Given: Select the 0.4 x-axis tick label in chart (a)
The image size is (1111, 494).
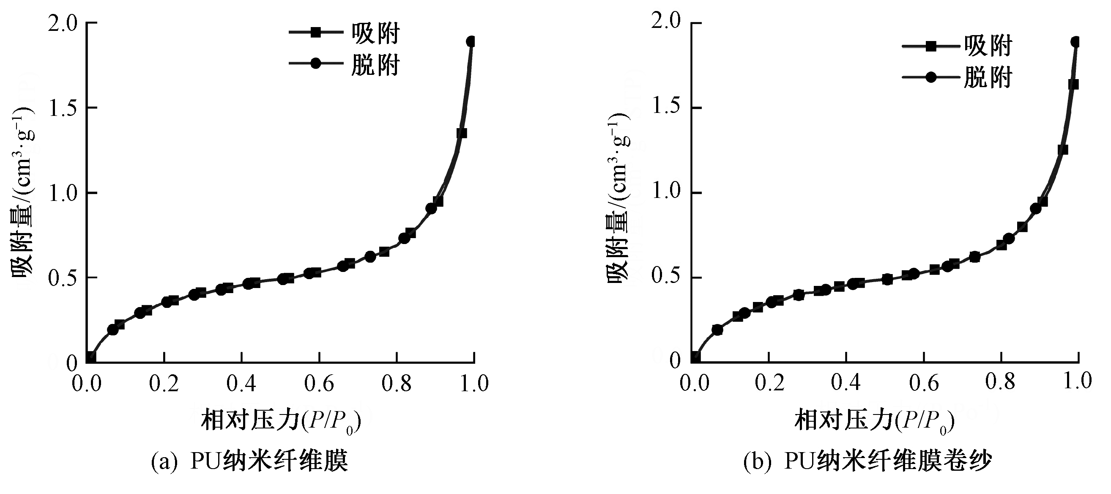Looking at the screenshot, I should tap(241, 383).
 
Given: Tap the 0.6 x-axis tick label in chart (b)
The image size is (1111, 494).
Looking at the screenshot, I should tap(923, 383).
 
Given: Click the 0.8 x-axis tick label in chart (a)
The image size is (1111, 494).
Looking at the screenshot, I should tap(397, 383).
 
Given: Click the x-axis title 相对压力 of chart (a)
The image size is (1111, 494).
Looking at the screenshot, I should tap(280, 420).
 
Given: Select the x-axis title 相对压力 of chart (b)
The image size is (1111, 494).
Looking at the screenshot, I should tap(874, 420).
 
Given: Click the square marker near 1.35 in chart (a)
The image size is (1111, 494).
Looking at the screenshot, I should tap(462, 133).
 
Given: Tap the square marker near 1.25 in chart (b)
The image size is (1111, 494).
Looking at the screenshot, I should tap(1063, 150).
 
